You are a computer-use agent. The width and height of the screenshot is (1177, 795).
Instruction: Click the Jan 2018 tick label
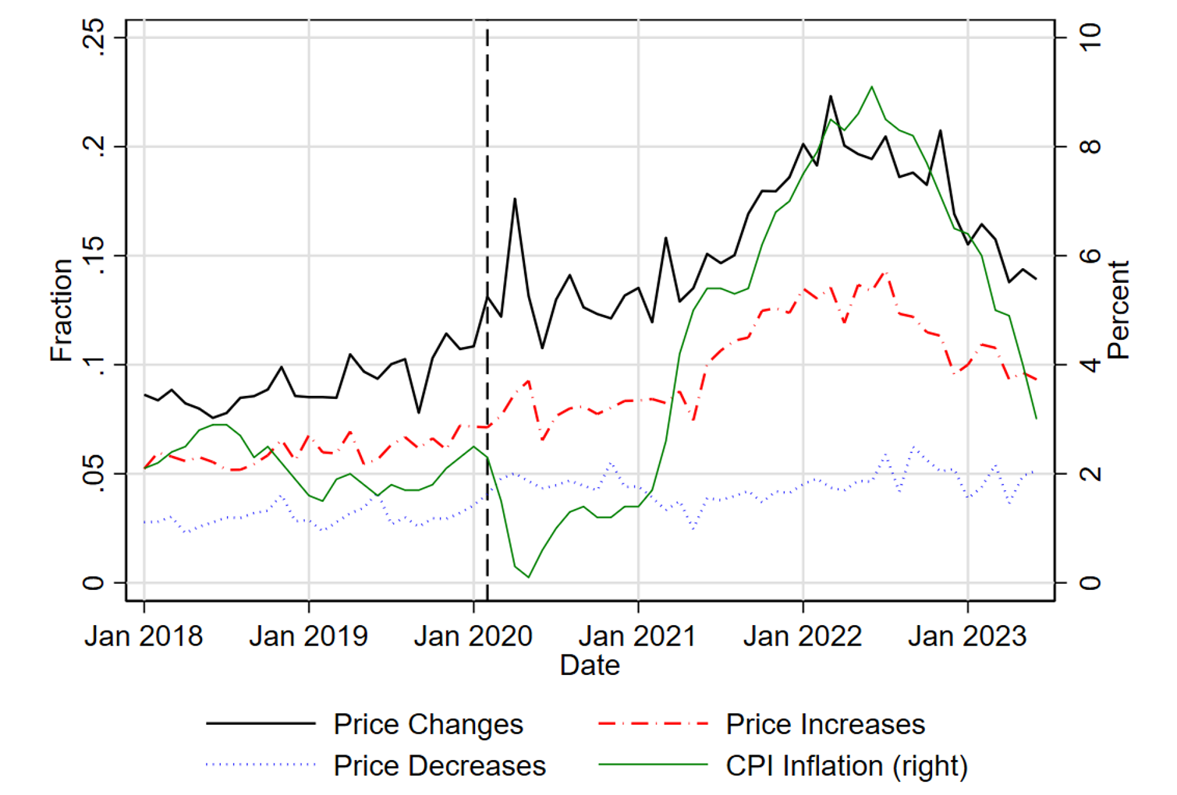point(144,636)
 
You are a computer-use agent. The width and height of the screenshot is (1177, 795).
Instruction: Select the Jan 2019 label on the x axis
point(308,636)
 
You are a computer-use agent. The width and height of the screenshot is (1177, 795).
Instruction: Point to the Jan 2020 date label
point(473,636)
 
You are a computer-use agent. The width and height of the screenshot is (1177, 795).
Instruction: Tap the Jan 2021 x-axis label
point(637,636)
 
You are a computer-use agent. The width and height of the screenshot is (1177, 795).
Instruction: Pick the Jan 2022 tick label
point(803,636)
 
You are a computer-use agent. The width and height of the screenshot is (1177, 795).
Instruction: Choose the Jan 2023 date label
point(967,636)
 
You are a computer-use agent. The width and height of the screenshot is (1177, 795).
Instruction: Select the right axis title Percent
point(1118,310)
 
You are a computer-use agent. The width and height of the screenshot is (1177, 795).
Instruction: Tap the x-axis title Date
point(590,666)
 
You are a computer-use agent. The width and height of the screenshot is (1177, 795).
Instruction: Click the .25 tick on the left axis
point(94,37)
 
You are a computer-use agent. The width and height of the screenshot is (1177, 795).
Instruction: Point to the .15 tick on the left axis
point(94,255)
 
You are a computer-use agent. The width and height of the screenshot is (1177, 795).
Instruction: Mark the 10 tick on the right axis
point(1090,37)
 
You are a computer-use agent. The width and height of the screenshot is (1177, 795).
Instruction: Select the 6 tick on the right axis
point(1090,255)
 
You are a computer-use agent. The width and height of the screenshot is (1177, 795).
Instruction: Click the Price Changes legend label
point(428,724)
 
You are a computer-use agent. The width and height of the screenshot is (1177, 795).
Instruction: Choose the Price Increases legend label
point(825,724)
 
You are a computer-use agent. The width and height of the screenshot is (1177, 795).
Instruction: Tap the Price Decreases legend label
point(440,766)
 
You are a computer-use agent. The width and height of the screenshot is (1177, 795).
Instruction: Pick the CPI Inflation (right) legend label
point(846,766)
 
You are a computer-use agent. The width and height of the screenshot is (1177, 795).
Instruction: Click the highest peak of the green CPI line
point(871,87)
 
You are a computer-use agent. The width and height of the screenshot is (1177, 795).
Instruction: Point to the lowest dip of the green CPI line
point(529,577)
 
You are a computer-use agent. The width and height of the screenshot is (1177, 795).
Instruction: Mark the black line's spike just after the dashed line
point(515,199)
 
